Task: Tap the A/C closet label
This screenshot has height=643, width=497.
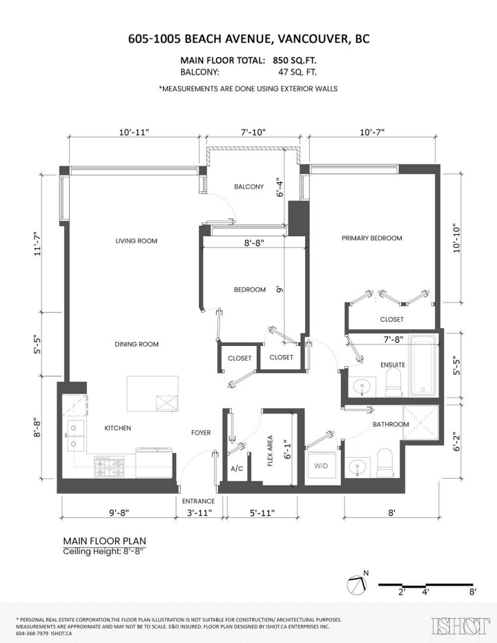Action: (x=237, y=469)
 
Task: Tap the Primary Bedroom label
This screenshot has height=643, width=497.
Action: (x=371, y=238)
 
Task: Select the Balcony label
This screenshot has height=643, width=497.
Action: (x=248, y=186)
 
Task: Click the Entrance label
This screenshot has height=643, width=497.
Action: (x=198, y=501)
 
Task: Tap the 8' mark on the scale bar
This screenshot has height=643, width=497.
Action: (x=473, y=592)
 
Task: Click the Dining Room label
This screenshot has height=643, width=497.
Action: (x=137, y=344)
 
